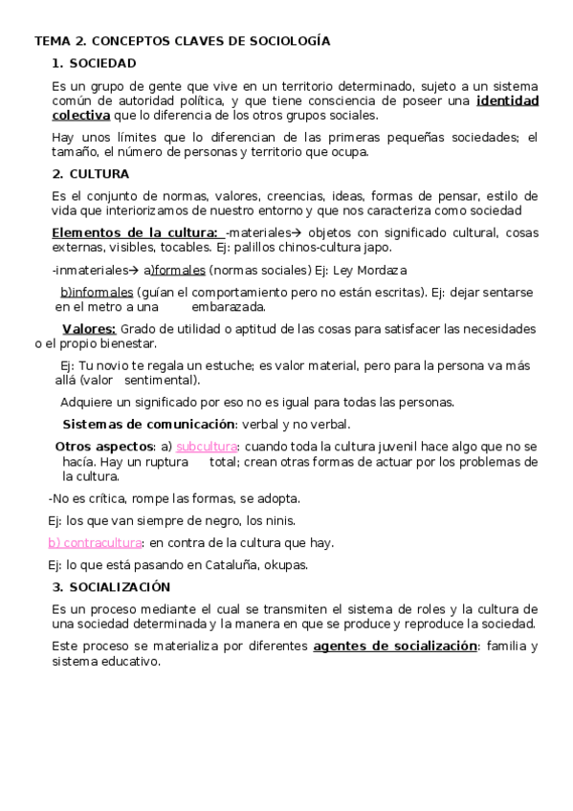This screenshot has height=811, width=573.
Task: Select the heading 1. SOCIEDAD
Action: click(95, 64)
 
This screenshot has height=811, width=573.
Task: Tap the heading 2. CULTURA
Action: click(91, 174)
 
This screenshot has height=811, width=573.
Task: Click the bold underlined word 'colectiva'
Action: click(81, 116)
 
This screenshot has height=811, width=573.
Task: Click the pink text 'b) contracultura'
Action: click(95, 542)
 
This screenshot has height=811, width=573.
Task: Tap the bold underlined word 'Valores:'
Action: click(89, 329)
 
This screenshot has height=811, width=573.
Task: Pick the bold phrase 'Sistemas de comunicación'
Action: click(148, 424)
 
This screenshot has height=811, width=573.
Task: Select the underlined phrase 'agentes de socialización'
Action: click(395, 647)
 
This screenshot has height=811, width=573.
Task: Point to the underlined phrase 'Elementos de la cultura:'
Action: click(135, 232)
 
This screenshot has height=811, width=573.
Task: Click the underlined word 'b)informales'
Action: click(97, 293)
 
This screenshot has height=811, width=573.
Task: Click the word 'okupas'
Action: click(286, 564)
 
